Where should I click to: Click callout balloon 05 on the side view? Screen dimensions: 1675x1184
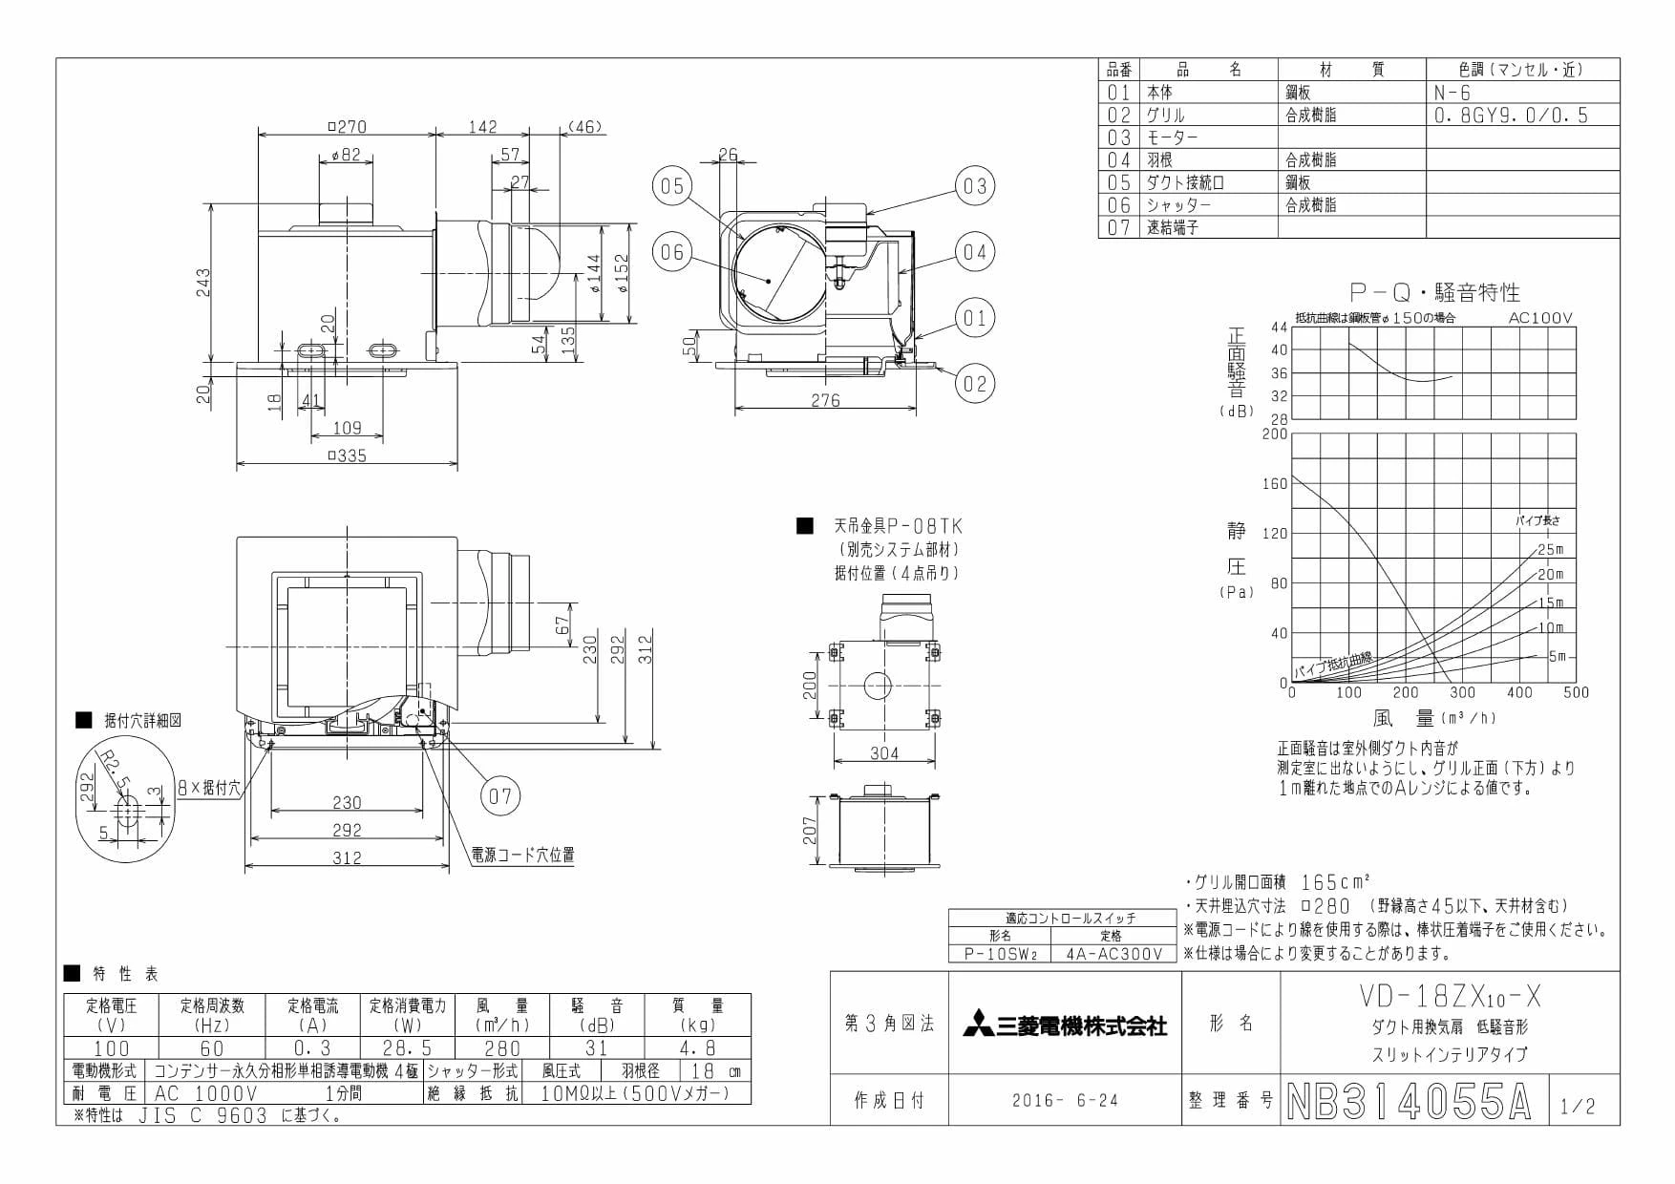coord(672,186)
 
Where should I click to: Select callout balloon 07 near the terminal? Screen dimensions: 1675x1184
coord(500,795)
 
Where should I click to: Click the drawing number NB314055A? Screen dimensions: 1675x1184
coord(1409,1102)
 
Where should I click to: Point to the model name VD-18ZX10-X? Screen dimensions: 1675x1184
coord(1448,998)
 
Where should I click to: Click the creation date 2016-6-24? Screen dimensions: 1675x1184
coord(1065,1100)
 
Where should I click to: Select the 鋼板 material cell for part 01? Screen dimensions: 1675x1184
coord(1298,93)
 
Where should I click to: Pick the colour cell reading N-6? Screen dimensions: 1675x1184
coord(1452,93)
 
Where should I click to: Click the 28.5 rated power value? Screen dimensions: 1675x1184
coord(408,1048)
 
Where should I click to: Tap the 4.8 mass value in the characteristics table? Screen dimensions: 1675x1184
coord(698,1048)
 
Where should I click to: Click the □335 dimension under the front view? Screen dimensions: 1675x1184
coord(347,455)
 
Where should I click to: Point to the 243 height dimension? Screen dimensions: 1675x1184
coord(203,283)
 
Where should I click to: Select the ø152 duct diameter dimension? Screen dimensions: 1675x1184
coord(622,275)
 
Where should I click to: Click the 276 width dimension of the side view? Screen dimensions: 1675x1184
coord(826,401)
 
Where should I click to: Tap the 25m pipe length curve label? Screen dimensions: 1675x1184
coord(1551,549)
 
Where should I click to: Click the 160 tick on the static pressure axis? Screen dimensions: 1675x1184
coord(1275,484)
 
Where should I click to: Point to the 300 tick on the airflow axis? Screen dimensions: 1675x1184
coord(1462,693)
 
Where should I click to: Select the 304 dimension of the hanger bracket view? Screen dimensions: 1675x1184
coord(884,754)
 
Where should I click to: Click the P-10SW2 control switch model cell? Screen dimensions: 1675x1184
coord(1000,953)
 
